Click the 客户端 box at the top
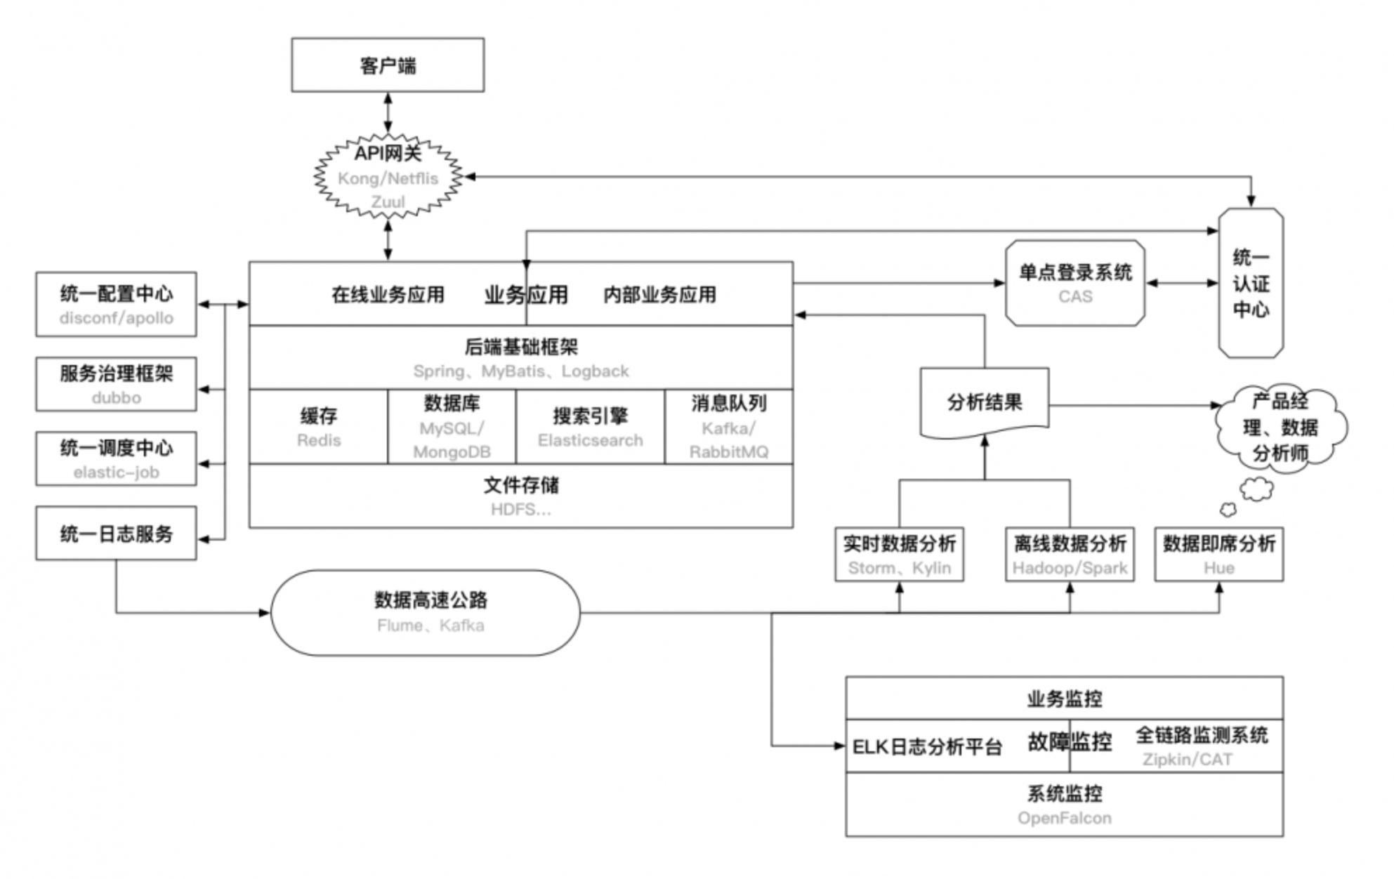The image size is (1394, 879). (388, 65)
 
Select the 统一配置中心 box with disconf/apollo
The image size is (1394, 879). (116, 305)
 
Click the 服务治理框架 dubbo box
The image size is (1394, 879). (116, 384)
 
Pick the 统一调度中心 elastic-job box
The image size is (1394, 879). (116, 458)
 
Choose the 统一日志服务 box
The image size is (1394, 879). (116, 534)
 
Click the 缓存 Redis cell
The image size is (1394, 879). (318, 427)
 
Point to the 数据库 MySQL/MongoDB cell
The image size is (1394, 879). (452, 427)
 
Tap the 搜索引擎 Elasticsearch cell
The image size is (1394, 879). (590, 427)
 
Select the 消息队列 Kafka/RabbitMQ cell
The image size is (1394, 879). (728, 427)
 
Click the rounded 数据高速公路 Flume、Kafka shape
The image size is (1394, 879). (426, 612)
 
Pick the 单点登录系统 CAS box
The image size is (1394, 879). (1074, 283)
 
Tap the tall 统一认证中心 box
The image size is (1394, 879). (1250, 283)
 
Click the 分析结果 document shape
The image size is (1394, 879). (984, 402)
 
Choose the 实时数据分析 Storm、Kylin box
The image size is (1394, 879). (899, 555)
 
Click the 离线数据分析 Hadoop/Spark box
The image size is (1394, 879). (1069, 555)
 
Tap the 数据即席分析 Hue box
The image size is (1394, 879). (1218, 555)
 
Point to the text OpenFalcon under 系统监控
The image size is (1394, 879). (1064, 818)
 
